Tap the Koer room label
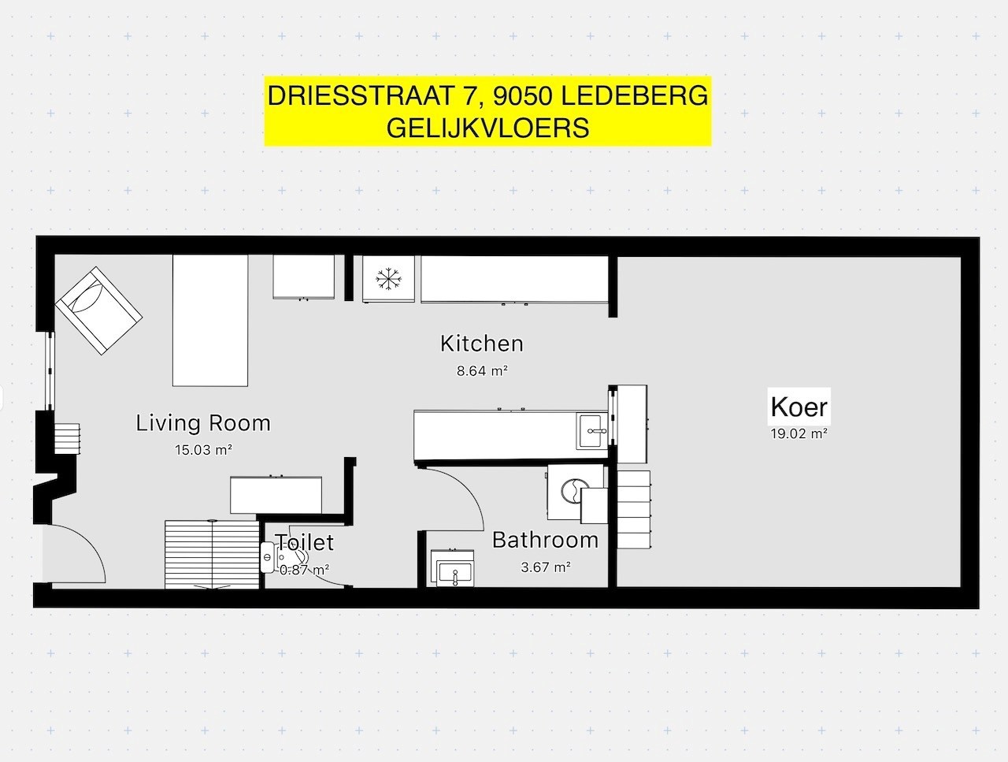pos(799,407)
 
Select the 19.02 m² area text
pos(799,433)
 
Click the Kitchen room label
pos(481,344)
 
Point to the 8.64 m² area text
pos(482,370)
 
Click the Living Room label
pos(203,423)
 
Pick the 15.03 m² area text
pos(203,450)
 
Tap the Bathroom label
pos(545,540)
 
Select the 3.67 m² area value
pos(546,567)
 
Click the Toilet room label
pos(304,542)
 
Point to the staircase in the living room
pos(212,554)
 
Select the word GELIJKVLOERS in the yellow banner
pos(487,127)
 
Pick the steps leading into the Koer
pos(633,511)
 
